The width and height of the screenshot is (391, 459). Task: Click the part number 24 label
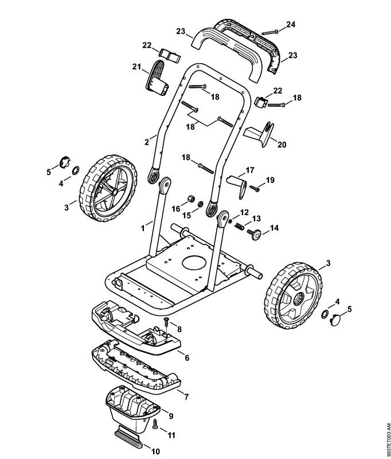point(291,24)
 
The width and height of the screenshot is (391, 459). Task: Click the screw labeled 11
point(155,423)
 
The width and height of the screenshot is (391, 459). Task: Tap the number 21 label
point(136,68)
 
